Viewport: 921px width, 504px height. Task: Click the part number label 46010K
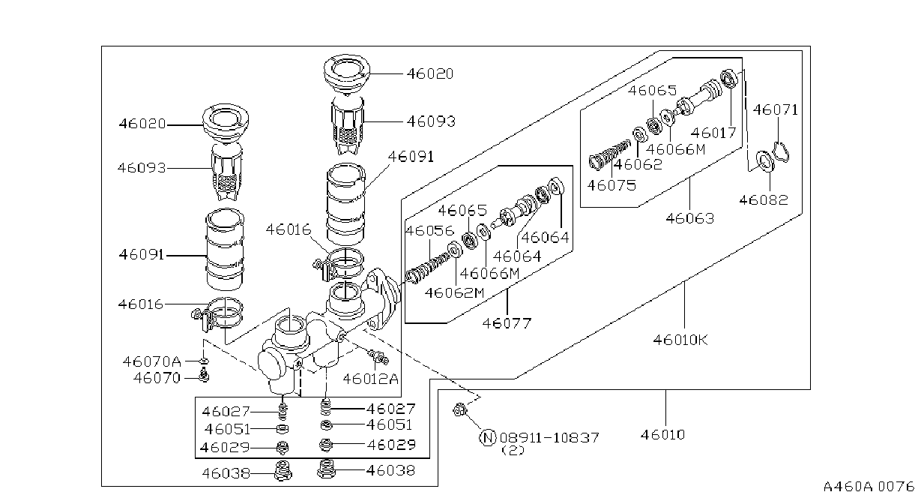pos(680,340)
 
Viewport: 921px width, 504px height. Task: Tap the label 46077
pos(507,323)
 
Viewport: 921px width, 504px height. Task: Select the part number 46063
pos(690,218)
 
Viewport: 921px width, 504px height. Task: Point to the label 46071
pos(776,109)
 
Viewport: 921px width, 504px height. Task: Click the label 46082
pos(764,200)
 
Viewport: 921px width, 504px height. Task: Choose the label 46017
pos(713,133)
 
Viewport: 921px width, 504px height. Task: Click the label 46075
pos(612,185)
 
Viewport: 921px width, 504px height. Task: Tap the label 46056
pos(430,230)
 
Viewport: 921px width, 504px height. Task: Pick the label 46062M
pos(455,292)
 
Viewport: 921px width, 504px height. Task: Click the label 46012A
pos(370,379)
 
